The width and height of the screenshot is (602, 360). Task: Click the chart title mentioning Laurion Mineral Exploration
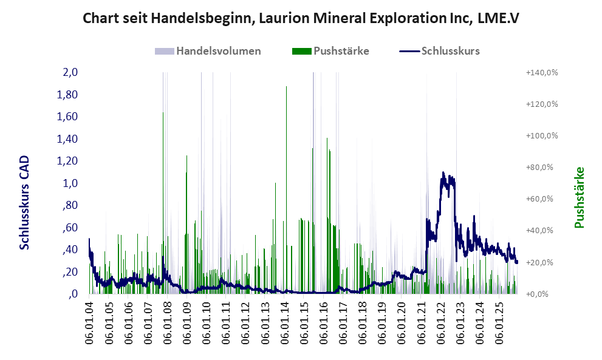[x=300, y=18]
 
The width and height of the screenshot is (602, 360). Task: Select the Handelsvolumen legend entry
[x=219, y=51]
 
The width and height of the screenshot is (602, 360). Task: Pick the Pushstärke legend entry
[x=341, y=51]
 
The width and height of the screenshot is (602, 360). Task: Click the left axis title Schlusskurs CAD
[x=25, y=202]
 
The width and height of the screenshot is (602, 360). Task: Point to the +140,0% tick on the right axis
[x=541, y=72]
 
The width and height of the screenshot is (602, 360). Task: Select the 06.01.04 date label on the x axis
[x=89, y=322]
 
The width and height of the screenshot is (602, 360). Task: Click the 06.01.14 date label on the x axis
[x=285, y=322]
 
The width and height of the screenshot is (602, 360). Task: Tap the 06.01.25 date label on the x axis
[x=500, y=322]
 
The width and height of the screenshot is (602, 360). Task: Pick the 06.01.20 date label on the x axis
[x=402, y=322]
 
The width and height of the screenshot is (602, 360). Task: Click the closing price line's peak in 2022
[x=444, y=172]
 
